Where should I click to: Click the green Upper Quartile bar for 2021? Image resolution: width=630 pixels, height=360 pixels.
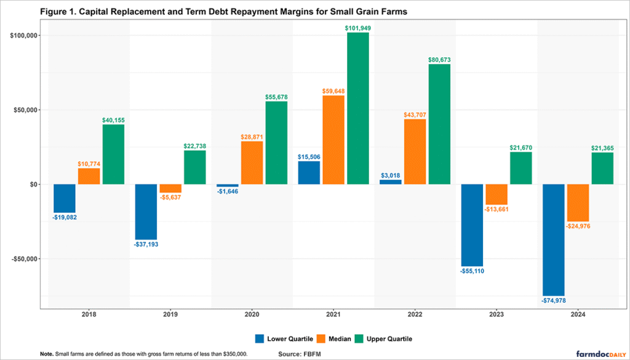358,108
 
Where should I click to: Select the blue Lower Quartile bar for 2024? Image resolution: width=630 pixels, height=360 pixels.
554,240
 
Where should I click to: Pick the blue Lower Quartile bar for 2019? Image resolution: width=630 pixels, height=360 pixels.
146,212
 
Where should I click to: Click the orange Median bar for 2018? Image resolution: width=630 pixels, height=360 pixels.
89,176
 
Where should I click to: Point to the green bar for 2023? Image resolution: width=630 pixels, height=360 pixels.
521,168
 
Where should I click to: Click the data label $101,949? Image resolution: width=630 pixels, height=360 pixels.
358,28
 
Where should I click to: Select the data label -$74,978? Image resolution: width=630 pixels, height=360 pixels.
553,300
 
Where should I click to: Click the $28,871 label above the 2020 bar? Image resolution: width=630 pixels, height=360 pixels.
252,137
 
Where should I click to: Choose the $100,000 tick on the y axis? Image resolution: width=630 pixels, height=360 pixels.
23,36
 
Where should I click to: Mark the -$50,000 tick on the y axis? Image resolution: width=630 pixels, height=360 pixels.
23,258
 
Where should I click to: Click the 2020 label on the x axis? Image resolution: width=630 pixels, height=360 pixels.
252,314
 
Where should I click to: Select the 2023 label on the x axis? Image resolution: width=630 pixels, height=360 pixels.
496,314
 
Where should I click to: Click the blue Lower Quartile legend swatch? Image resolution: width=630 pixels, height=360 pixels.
260,338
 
